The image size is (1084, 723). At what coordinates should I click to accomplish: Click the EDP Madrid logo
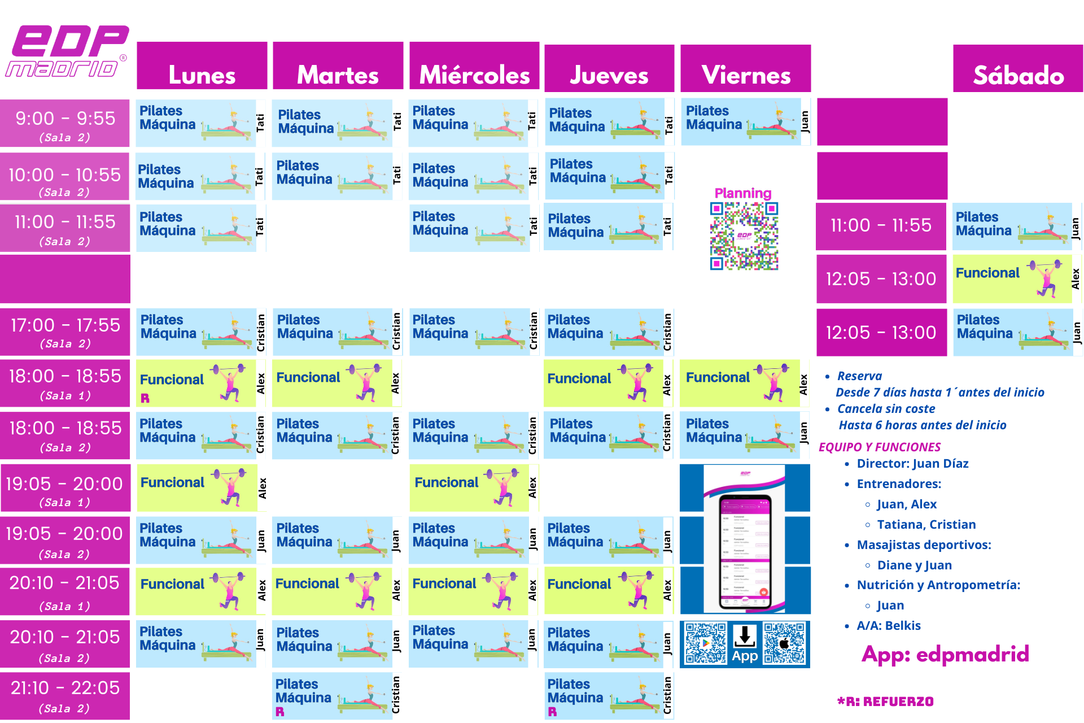[67, 51]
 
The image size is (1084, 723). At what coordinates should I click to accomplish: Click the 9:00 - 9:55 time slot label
[65, 124]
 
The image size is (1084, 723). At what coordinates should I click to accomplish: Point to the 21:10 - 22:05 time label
[65, 695]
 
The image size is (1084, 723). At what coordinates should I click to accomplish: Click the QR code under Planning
[744, 236]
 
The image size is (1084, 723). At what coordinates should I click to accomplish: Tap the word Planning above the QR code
[743, 193]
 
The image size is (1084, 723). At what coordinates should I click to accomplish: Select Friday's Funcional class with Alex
[740, 382]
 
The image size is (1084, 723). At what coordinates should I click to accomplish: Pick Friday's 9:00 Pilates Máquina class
[740, 122]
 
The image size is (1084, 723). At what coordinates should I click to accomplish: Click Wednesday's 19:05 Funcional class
[469, 487]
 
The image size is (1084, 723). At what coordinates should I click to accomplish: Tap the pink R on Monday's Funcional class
[145, 398]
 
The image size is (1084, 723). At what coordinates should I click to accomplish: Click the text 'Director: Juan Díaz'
[912, 464]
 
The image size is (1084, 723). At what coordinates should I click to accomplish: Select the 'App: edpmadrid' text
[945, 654]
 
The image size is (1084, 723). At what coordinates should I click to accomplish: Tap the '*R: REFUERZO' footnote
[885, 702]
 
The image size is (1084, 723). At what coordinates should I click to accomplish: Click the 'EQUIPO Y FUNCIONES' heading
[880, 447]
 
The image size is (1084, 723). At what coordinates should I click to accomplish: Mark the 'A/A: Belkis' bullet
[889, 626]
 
